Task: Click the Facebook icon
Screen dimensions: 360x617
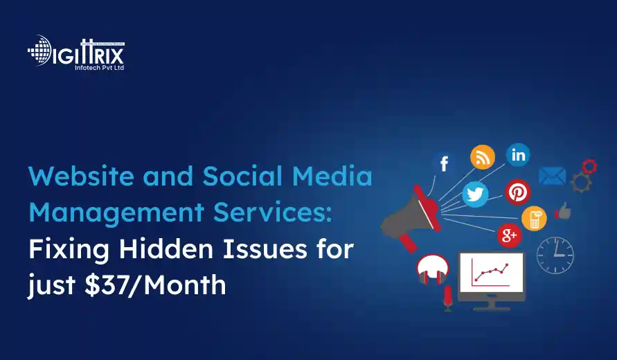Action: click(x=444, y=163)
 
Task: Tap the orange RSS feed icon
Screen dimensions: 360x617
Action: click(x=483, y=157)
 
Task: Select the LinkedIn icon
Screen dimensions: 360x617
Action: click(x=519, y=155)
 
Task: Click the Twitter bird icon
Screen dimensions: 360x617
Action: click(x=475, y=195)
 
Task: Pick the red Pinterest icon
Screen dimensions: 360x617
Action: click(x=517, y=192)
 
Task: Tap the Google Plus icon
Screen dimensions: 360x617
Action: click(x=508, y=235)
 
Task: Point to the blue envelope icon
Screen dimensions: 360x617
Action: click(x=552, y=177)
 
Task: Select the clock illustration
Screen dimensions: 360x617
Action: click(x=555, y=255)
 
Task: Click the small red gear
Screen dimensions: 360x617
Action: click(x=589, y=166)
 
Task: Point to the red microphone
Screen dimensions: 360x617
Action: click(x=447, y=298)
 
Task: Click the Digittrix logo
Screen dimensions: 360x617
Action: click(x=75, y=52)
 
